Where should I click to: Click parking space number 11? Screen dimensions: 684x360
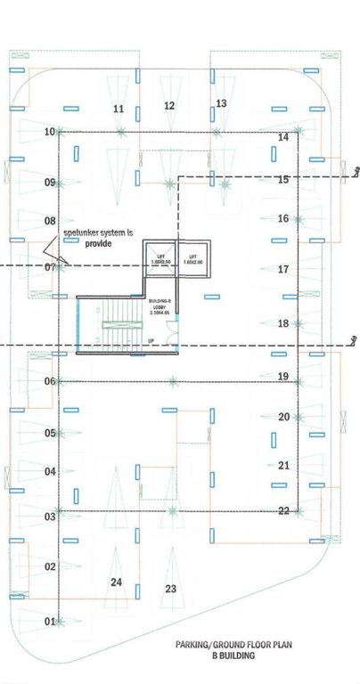[118, 109]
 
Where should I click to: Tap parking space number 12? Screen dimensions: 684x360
[169, 105]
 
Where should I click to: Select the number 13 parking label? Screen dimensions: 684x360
[222, 104]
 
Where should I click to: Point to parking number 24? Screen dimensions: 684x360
[116, 582]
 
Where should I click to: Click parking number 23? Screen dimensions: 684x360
[171, 589]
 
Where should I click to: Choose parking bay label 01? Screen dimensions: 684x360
[51, 621]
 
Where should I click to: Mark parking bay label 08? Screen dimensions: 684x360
[51, 220]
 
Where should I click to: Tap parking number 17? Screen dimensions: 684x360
[283, 269]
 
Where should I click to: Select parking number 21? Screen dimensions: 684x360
[283, 465]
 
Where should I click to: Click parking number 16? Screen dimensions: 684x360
[283, 218]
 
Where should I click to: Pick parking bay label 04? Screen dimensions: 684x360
[51, 472]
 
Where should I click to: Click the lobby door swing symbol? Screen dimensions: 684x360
[176, 328]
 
